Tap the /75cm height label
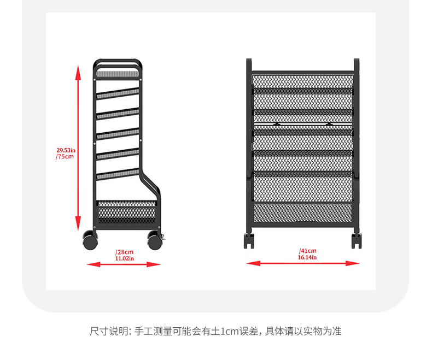coord(65,156)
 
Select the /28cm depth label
coord(124,252)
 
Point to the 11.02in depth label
coord(124,258)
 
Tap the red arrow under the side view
coord(124,264)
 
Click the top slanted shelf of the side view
coord(118,92)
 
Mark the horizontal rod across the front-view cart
coord(302,125)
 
